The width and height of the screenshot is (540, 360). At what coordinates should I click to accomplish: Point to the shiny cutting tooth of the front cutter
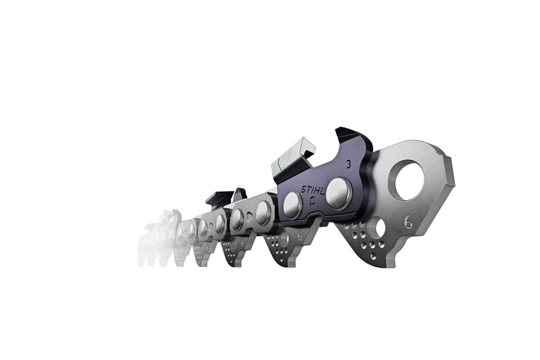(x=287, y=160)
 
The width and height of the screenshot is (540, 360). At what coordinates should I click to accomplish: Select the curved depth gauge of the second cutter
(x=239, y=193)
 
